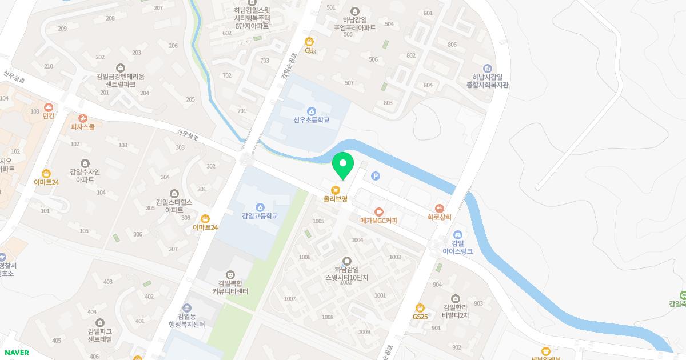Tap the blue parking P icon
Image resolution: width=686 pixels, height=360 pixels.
(376, 176)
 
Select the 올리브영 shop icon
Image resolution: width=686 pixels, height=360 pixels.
(336, 189)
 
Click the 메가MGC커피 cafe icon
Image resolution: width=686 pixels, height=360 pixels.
(378, 211)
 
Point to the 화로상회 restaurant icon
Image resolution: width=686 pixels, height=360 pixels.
(439, 208)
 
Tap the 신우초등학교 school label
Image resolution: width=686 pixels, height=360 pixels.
(311, 120)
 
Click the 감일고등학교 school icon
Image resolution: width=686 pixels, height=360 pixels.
(260, 207)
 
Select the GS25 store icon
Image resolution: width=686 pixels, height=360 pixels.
(420, 308)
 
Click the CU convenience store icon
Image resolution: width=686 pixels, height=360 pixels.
(309, 41)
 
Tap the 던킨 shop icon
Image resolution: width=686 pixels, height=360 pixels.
(49, 107)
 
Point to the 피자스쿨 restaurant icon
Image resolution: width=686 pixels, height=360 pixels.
(83, 118)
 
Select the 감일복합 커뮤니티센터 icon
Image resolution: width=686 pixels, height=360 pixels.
(230, 275)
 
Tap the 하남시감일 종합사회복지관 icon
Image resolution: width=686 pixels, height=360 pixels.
(487, 69)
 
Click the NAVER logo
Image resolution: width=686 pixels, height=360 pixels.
(16, 353)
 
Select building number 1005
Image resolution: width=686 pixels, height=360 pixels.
(318, 221)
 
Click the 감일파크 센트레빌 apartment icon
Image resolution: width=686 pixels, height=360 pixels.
(100, 323)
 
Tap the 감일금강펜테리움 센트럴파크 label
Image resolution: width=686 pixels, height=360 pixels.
(120, 80)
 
